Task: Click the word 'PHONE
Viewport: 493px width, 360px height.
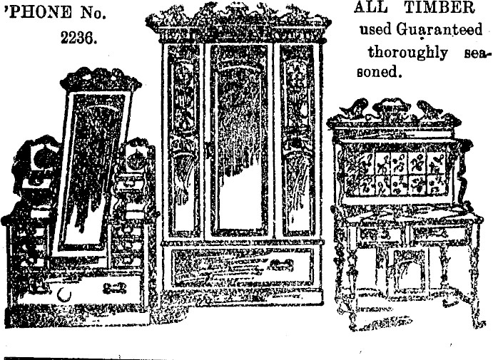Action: tap(39, 12)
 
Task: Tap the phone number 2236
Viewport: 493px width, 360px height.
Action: tap(78, 38)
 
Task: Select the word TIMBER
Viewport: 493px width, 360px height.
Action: tap(439, 8)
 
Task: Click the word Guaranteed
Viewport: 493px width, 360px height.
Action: tap(439, 30)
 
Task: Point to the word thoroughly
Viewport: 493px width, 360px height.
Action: tap(408, 53)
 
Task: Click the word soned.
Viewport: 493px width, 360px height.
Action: tap(379, 72)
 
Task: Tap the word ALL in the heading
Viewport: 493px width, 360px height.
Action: tap(370, 8)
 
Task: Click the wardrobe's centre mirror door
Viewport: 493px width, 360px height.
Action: tap(239, 140)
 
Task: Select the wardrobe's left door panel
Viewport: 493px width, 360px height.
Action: tap(183, 140)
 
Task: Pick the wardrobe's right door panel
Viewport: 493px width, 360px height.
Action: tap(297, 140)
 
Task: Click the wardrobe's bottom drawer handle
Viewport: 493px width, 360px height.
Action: tap(281, 264)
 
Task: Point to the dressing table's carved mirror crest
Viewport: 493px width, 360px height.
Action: tap(101, 78)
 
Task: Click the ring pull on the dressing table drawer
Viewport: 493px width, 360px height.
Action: tap(63, 294)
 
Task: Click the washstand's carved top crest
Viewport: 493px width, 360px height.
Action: tap(393, 112)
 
